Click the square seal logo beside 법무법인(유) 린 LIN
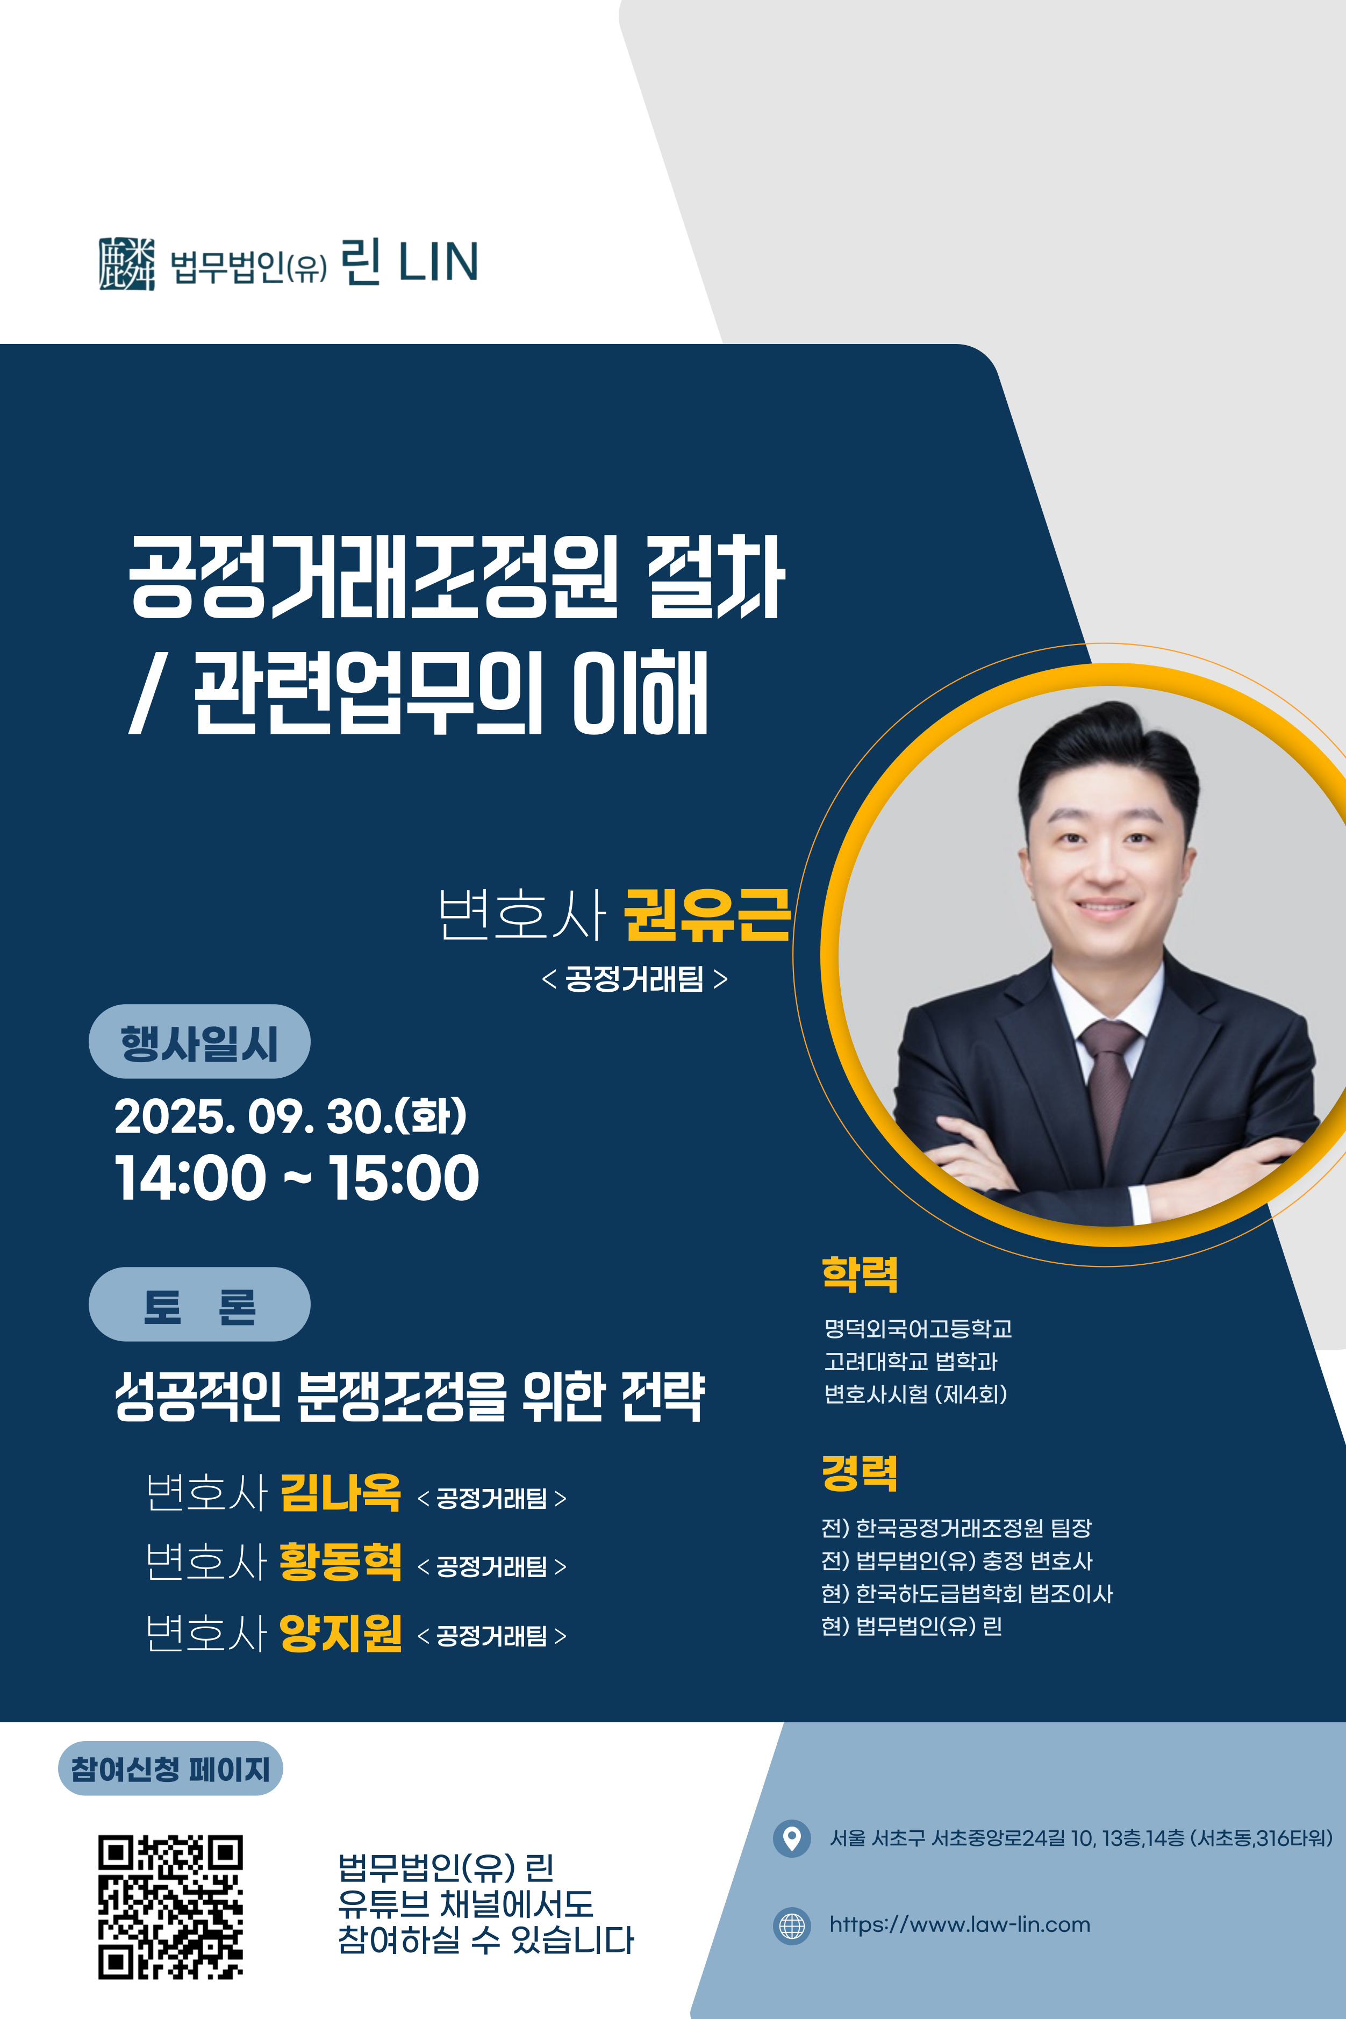pos(127,263)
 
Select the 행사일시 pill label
pos(199,1041)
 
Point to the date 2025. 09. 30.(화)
pos(291,1116)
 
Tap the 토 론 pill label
pos(199,1305)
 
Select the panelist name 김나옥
pos(341,1493)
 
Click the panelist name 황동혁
pos(341,1562)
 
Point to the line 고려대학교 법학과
pos(911,1362)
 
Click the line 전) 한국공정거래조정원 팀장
pos(956,1528)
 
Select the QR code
pos(170,1907)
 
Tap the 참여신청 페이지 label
pos(170,1769)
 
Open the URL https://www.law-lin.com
pos(960,1925)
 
